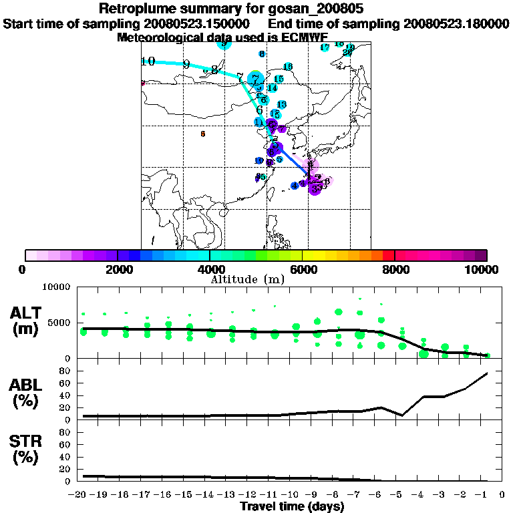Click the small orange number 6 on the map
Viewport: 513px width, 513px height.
(203, 134)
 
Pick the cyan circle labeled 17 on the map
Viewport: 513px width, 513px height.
(325, 47)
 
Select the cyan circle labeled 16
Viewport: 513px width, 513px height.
(288, 67)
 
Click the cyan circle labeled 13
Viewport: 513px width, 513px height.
(281, 105)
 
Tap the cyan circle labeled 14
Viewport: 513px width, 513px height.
(272, 88)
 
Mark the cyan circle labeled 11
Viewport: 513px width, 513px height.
(259, 122)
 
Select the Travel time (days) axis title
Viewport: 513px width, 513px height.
(292, 506)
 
